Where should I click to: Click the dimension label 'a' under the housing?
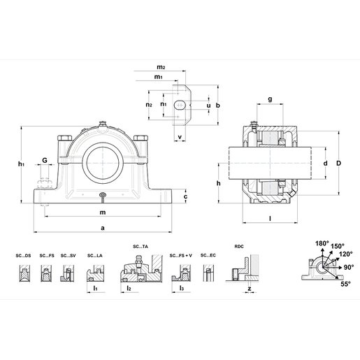pos(103,228)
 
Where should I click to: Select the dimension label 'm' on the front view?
pos(103,212)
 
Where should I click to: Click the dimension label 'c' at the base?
pos(185,197)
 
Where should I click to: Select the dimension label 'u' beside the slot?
pos(208,106)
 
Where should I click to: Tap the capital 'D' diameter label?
pos(338,164)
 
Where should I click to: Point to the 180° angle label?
pos(322,244)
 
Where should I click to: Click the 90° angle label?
pos(349,266)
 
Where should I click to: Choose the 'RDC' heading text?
pos(239,246)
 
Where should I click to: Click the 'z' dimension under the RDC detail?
pos(248,287)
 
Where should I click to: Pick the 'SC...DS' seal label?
pos(24,256)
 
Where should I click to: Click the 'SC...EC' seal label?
pos(208,256)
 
